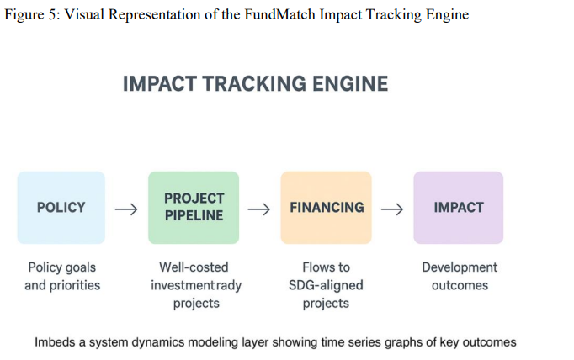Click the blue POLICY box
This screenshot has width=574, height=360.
61,207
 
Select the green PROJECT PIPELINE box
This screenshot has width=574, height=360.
194,207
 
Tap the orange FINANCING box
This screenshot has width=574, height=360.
326,207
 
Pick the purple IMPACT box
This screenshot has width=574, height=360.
458,207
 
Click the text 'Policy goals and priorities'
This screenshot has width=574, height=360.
61,276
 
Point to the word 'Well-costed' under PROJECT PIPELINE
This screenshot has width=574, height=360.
194,267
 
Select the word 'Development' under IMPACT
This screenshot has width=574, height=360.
460,267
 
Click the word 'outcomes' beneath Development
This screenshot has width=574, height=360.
460,285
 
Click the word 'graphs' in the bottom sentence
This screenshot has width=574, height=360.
407,342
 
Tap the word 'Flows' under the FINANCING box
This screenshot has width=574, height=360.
310,267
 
